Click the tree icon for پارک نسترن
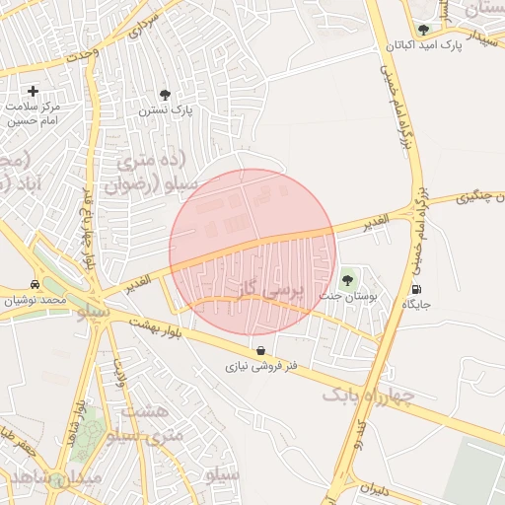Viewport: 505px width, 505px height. click(165, 95)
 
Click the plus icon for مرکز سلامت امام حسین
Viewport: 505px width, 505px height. click(35, 91)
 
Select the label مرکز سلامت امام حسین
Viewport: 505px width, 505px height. click(35, 113)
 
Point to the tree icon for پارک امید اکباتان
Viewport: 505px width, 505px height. click(423, 30)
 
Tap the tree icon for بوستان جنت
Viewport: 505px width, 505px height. click(346, 280)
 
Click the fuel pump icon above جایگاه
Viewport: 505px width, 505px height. click(416, 289)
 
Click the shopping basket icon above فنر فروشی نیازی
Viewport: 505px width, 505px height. click(259, 350)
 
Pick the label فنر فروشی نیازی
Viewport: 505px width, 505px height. click(261, 366)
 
